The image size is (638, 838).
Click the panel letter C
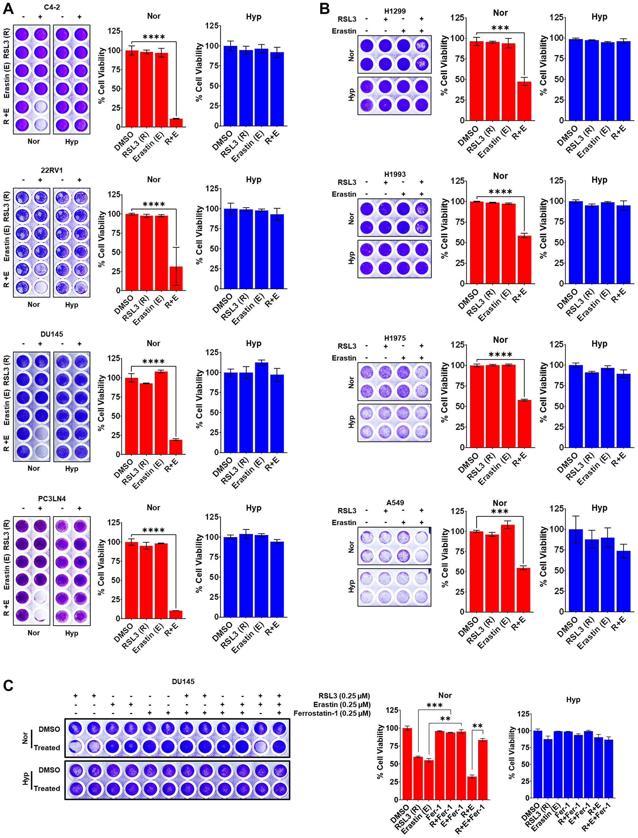8,686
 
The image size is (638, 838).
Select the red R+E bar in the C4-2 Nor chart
176,123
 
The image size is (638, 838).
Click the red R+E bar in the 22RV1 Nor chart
176,279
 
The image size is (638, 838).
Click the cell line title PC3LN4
52,499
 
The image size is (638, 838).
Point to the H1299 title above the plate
395,11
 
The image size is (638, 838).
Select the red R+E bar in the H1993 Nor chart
524,259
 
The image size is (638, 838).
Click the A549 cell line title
395,503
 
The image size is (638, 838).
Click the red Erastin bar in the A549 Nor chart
508,568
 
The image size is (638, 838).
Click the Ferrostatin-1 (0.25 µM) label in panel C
332,714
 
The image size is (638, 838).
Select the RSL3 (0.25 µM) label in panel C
344,696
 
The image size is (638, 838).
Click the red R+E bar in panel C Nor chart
472,788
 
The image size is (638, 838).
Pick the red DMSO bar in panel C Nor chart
407,764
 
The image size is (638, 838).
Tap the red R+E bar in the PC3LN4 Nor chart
175,614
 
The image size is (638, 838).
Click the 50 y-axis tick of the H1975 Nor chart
460,407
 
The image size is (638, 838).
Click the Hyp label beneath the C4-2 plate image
71,142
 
